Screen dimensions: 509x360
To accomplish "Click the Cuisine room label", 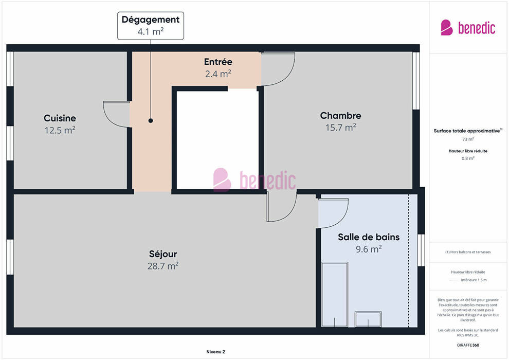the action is [60, 118].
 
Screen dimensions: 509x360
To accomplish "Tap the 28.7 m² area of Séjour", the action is [163, 266].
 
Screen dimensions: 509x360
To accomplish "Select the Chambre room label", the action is [340, 116].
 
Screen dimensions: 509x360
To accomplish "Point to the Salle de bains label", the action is [369, 237].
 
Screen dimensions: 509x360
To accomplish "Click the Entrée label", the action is [218, 62].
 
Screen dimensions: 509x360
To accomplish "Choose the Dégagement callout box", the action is [151, 26].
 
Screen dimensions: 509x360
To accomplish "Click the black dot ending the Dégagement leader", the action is [151, 120].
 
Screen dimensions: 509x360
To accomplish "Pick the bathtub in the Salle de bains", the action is [335, 294].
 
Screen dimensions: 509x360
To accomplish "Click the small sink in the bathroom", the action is [368, 319].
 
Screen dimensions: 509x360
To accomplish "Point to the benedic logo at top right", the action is [468, 28].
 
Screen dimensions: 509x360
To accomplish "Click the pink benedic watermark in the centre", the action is [254, 179].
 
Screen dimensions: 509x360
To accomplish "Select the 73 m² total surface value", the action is [468, 139].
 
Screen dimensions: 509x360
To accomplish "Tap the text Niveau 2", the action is [215, 352].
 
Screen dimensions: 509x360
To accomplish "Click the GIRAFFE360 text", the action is [468, 345].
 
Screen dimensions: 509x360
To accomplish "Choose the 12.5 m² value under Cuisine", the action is [60, 130].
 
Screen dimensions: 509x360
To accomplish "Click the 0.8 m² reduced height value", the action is [468, 158].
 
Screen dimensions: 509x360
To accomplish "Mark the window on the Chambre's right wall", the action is [416, 81].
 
